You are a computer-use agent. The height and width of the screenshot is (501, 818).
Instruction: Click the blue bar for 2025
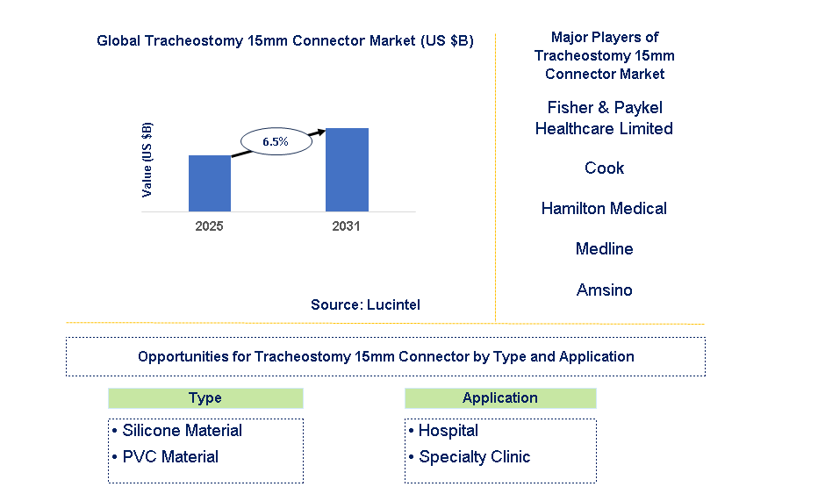210,183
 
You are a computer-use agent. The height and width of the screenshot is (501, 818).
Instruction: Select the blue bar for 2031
347,170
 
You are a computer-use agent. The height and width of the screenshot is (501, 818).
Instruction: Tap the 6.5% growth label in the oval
276,141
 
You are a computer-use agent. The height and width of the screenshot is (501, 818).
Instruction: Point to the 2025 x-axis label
209,226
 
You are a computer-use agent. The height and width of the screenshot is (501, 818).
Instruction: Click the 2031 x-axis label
346,226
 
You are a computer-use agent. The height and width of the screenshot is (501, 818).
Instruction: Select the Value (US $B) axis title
147,160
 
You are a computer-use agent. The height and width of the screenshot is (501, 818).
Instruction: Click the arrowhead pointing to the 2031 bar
320,132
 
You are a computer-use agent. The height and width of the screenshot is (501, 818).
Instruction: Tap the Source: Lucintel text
365,304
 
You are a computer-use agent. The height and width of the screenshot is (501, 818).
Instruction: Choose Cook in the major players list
604,168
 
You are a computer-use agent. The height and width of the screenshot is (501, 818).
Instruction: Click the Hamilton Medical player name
604,209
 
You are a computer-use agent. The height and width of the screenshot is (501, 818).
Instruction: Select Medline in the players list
604,248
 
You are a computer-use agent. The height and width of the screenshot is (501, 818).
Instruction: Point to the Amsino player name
604,290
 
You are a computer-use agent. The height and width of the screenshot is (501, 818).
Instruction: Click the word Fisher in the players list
570,107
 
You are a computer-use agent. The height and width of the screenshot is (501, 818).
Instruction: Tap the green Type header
205,398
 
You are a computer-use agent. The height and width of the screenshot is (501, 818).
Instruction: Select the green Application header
500,398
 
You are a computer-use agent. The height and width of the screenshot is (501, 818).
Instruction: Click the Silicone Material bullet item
177,431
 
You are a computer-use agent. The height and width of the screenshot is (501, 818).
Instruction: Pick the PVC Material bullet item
165,456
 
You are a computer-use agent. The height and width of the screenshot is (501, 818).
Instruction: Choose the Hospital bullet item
443,431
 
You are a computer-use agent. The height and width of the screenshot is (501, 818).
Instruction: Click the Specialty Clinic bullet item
470,456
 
